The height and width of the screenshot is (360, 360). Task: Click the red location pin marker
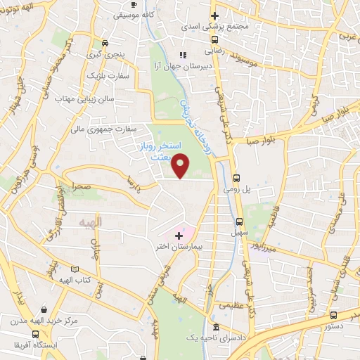click(x=181, y=165)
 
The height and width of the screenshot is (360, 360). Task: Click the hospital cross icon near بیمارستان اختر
click(x=178, y=234)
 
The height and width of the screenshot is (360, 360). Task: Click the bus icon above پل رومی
click(x=236, y=178)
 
